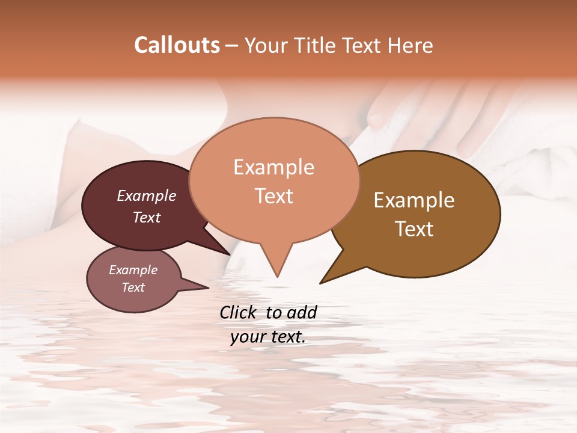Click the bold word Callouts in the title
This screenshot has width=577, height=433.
point(177,45)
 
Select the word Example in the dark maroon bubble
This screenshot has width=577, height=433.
point(147,196)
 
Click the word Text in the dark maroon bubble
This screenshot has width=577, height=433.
point(147,217)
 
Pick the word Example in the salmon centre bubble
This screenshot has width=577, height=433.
point(273,167)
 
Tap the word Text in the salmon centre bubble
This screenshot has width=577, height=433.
point(273,196)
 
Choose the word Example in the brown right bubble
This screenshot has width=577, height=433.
point(414,200)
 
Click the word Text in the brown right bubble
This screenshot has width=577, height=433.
point(414,229)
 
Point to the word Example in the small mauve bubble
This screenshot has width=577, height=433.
point(133,270)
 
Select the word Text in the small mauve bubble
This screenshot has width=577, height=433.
point(133,287)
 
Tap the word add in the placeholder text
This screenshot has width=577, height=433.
point(302,312)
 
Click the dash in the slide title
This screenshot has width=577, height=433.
point(232,45)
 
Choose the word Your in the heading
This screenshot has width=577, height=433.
point(264,45)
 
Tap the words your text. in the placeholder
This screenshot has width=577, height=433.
point(268,337)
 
